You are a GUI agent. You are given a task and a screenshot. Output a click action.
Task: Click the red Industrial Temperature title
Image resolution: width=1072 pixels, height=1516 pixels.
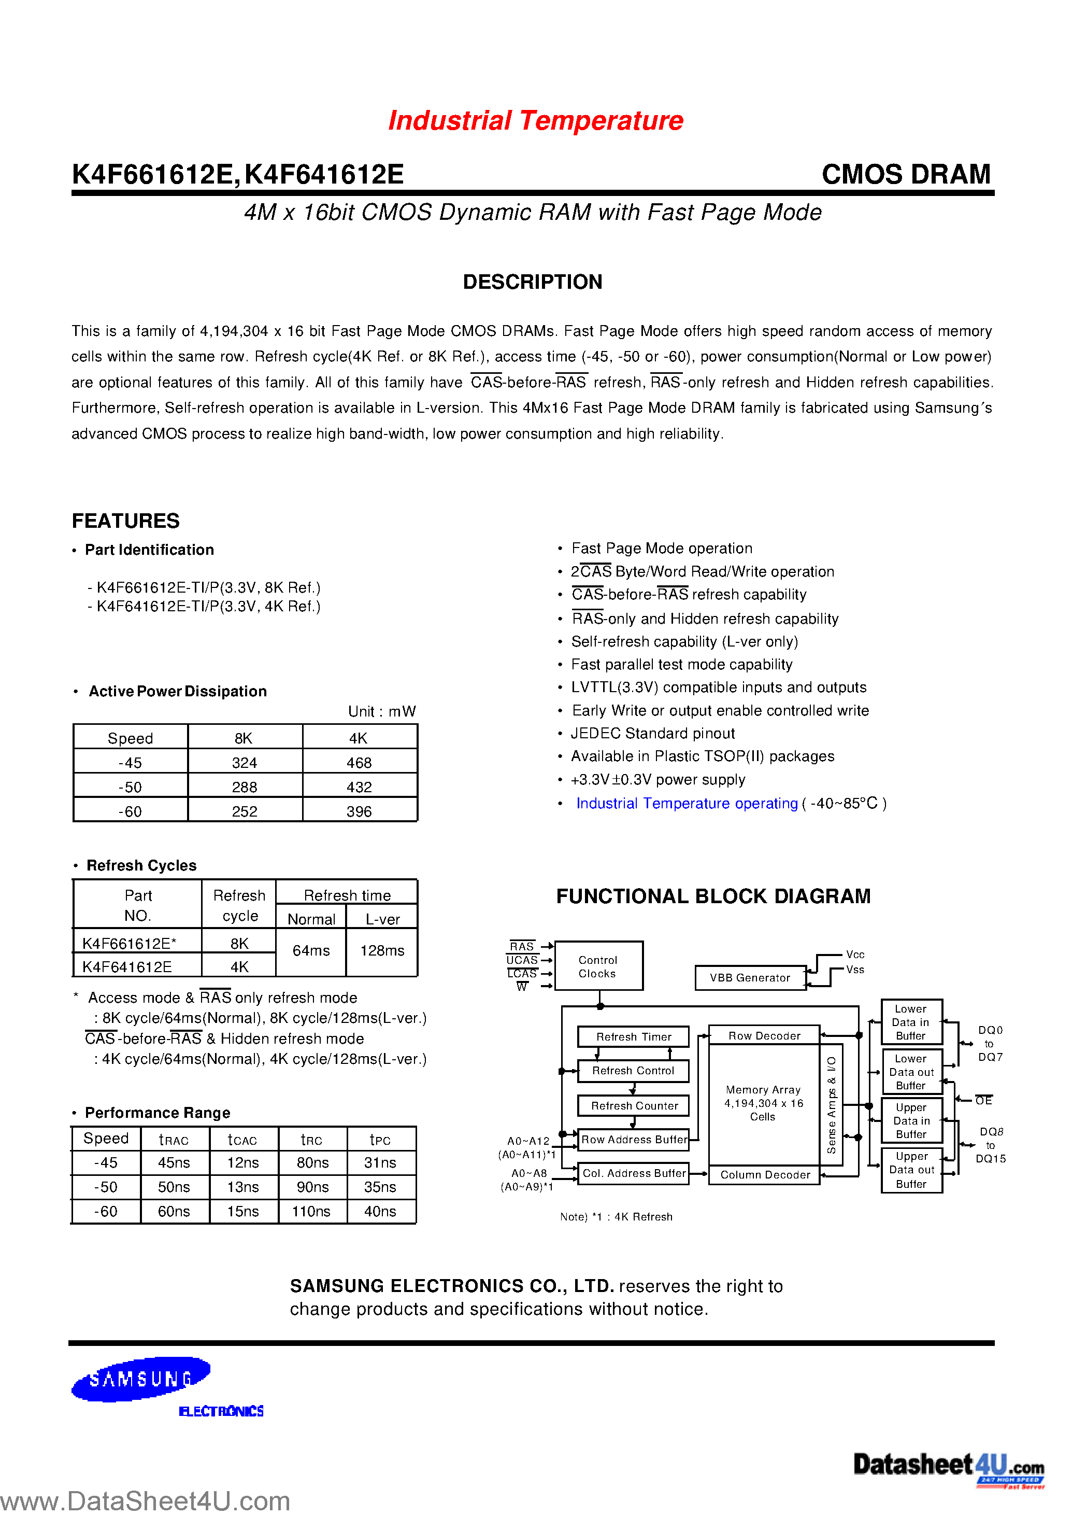[535, 121]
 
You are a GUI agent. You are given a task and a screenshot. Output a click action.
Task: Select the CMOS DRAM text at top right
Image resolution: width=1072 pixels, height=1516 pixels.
[906, 174]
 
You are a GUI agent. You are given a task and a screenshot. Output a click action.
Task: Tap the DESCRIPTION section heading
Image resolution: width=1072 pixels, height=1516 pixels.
[532, 282]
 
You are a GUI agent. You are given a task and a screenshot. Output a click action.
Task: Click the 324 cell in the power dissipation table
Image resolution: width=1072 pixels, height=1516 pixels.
[244, 763]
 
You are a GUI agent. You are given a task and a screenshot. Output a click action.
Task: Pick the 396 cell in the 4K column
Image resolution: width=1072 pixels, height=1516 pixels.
[359, 811]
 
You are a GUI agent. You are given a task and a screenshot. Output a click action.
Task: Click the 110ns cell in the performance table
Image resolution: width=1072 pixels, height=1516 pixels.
[311, 1212]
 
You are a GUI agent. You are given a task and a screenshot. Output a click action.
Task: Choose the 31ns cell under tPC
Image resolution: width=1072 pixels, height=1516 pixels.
[380, 1162]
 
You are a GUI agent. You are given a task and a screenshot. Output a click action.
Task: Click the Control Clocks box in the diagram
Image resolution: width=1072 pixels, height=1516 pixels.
[598, 966]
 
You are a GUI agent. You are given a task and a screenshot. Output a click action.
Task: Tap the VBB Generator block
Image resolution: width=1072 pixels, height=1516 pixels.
[750, 978]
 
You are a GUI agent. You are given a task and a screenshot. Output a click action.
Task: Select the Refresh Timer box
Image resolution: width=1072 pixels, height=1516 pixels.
[633, 1037]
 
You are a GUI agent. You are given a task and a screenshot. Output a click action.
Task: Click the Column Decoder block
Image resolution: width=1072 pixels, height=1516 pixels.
[764, 1174]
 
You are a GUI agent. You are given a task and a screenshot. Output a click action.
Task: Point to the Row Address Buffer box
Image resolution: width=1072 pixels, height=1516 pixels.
[634, 1140]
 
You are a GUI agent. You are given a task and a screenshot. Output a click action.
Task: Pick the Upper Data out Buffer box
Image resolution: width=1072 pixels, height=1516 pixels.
[911, 1170]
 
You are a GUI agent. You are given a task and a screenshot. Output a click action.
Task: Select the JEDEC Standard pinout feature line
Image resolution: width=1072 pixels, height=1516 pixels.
[652, 733]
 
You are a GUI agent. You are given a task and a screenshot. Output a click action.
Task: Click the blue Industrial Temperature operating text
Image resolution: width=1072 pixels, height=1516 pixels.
[687, 803]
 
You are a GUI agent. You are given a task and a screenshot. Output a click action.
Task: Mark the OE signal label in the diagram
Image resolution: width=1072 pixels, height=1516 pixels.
[983, 1101]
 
